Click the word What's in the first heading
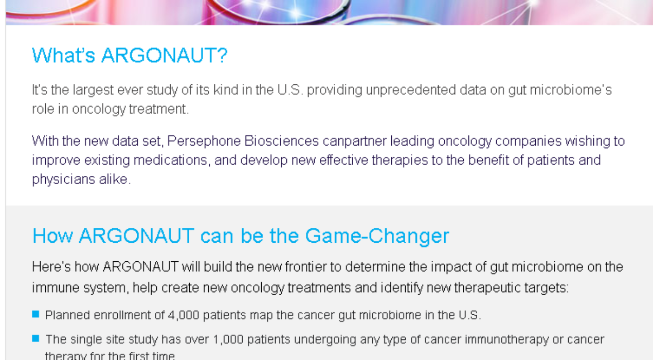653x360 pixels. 64,55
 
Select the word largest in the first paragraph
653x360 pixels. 93,91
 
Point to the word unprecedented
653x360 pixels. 411,91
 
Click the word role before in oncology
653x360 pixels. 43,109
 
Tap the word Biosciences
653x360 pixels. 282,141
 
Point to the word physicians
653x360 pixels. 64,179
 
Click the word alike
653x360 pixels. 115,179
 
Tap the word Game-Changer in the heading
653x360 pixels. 377,236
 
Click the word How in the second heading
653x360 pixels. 52,236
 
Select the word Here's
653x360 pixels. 51,267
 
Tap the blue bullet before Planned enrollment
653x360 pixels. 35,314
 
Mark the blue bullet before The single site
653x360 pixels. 35,338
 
